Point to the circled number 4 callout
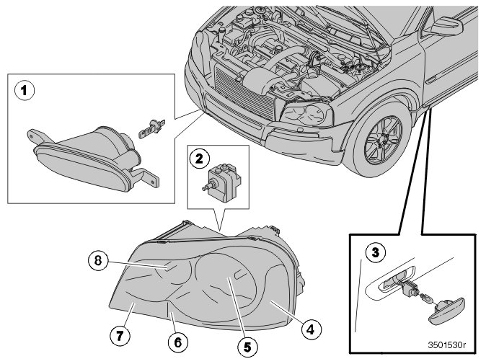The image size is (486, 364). point(309,330)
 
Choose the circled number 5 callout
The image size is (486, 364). point(246,346)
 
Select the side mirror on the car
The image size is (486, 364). point(448,28)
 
